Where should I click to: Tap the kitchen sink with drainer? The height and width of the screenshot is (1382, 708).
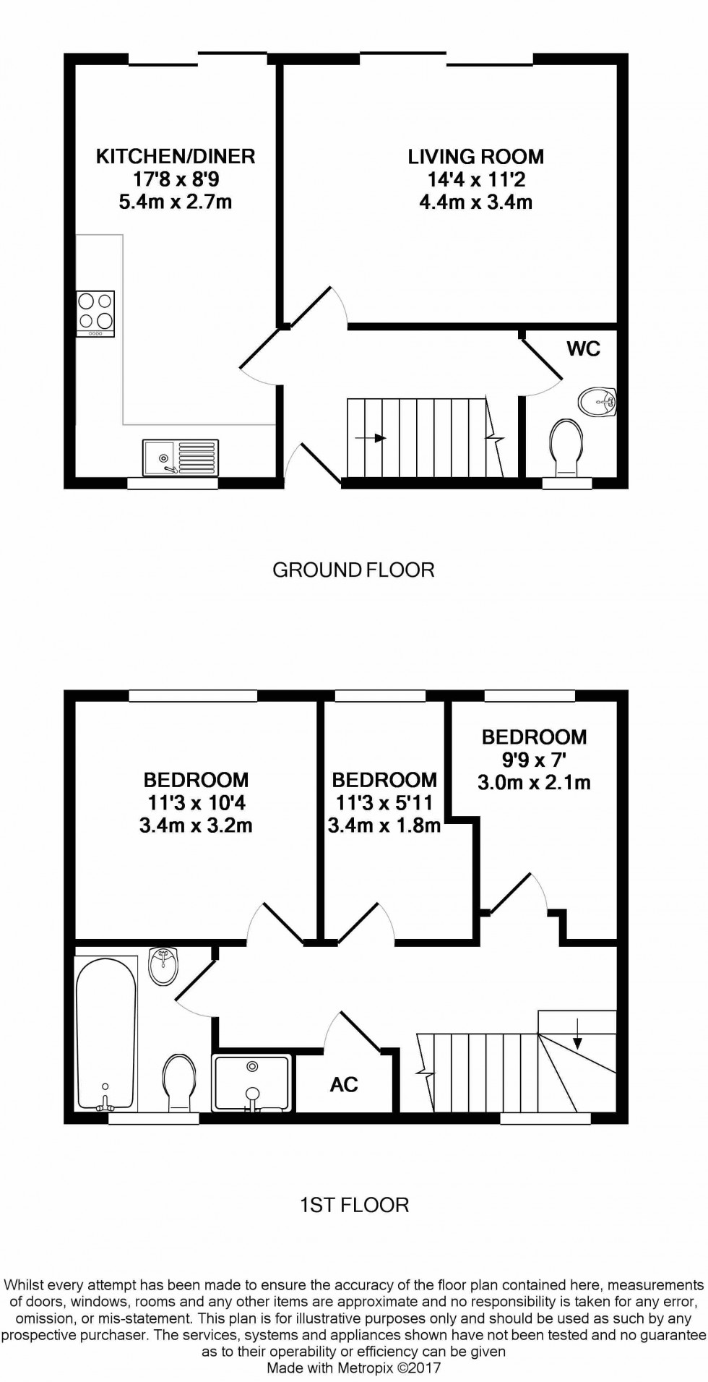(180, 458)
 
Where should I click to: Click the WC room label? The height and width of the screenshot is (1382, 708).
(584, 349)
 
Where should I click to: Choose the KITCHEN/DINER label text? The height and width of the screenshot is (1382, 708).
(176, 156)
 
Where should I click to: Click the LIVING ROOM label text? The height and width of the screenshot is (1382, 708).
(475, 157)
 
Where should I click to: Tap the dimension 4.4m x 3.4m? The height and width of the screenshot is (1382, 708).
(475, 202)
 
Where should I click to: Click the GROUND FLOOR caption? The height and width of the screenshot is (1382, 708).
(353, 570)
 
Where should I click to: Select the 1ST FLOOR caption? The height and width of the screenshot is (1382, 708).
(354, 1205)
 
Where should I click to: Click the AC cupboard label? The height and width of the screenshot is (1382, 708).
(344, 1084)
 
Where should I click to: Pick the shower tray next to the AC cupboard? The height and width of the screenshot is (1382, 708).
(252, 1082)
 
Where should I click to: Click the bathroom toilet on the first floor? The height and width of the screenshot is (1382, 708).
(178, 1083)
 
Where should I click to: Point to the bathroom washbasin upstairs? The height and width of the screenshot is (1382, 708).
(163, 966)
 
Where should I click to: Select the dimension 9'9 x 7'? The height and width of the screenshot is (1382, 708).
(534, 760)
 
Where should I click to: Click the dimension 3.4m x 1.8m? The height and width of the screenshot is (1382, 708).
(384, 825)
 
